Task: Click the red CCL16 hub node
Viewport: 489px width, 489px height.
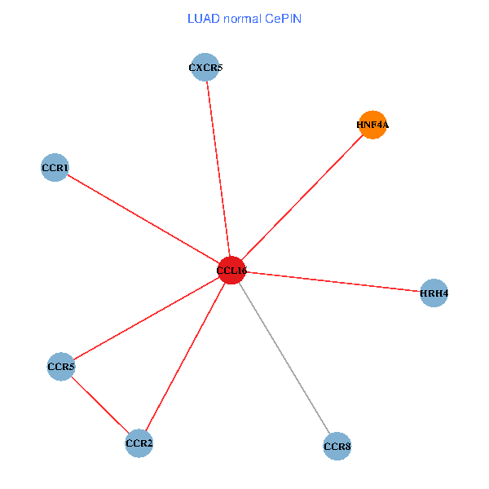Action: click(231, 270)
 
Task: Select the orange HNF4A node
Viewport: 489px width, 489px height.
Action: click(372, 125)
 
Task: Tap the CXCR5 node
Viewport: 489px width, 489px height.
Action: click(205, 68)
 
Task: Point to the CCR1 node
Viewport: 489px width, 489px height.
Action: click(55, 168)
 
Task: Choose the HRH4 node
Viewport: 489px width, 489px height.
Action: click(434, 293)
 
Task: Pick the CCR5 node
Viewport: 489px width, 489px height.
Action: click(61, 367)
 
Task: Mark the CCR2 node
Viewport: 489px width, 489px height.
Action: click(139, 443)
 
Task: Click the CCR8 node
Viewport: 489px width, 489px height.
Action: click(337, 446)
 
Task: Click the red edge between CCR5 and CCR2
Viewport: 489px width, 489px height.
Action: click(100, 405)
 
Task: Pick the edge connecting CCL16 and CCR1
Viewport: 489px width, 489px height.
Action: click(143, 218)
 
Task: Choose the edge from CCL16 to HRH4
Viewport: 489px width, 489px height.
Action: click(333, 281)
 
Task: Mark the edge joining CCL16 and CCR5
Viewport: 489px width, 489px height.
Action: click(147, 318)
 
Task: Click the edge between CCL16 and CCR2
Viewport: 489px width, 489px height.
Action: click(186, 356)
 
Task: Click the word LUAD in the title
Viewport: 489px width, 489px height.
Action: click(201, 18)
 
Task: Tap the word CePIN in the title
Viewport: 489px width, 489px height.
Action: click(283, 18)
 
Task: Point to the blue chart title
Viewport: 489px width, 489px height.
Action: click(244, 18)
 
